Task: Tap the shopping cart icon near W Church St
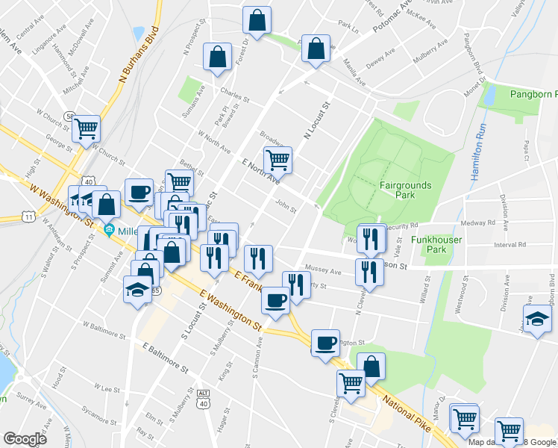tap(86, 128)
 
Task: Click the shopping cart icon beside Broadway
tap(278, 158)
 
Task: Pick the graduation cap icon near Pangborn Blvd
tap(538, 319)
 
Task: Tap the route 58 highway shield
tap(69, 117)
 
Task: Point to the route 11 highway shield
tap(29, 217)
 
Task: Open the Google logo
tap(25, 439)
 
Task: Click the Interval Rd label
tap(510, 244)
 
